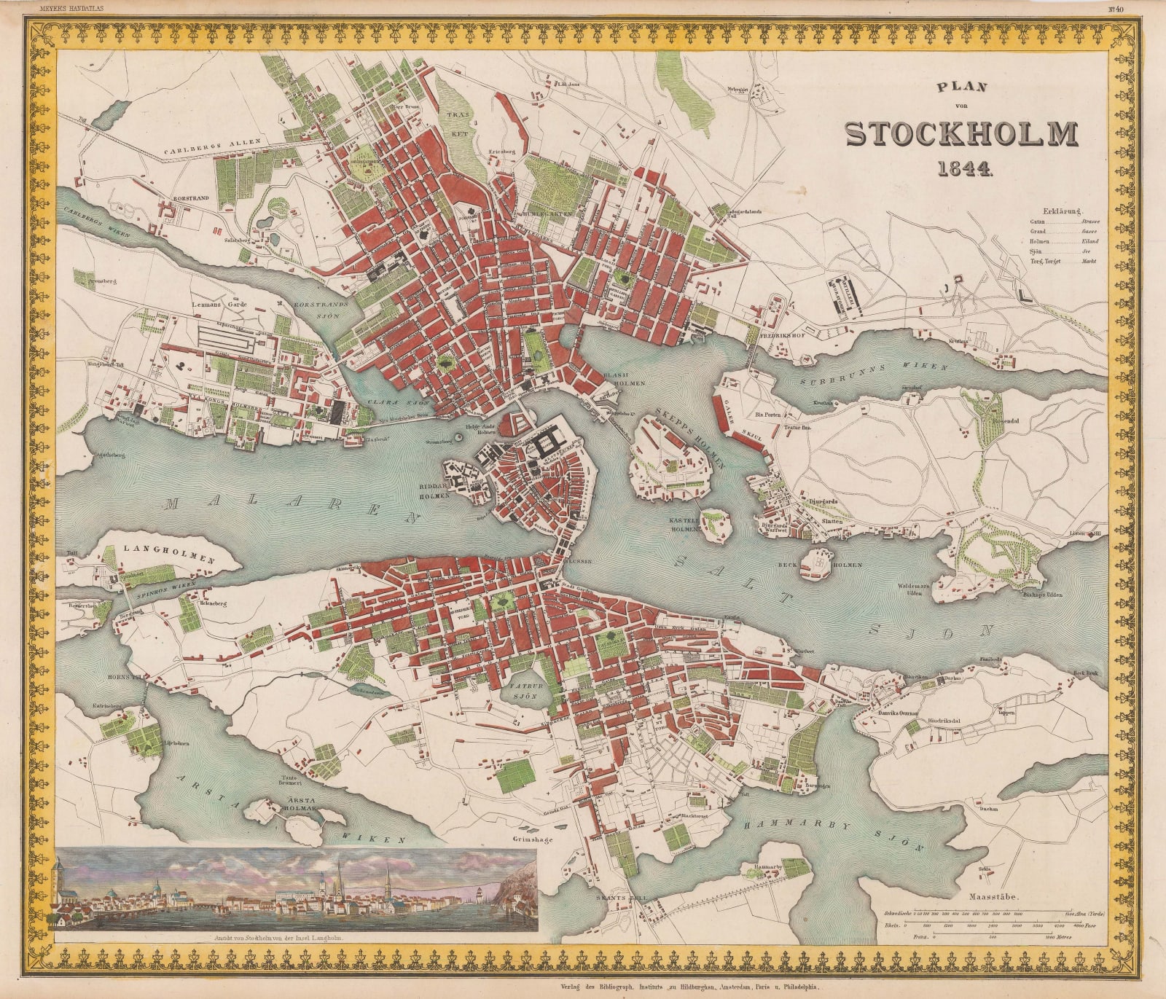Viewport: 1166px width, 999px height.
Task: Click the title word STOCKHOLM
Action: tap(960, 134)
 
